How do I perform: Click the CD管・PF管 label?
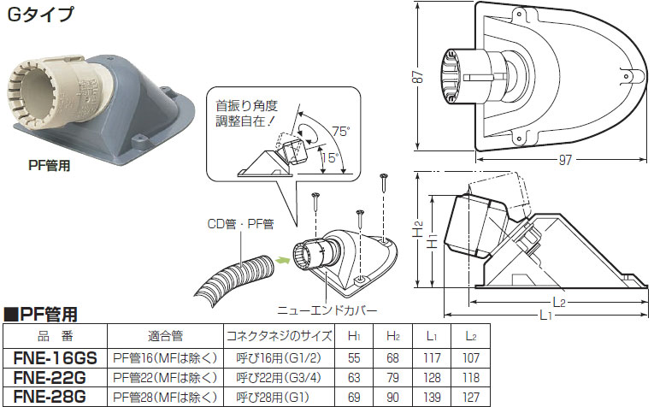(x=240, y=225)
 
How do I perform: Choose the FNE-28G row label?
(x=56, y=397)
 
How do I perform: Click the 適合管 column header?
(x=165, y=338)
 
